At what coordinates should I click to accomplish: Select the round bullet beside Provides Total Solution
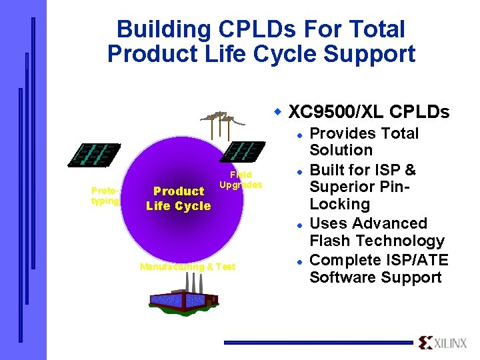click(301, 134)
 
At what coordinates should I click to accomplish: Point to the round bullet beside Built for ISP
click(301, 171)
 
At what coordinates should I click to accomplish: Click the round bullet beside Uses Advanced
click(301, 224)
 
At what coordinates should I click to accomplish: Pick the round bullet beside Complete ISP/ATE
click(301, 261)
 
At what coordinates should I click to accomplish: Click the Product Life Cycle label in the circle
click(178, 199)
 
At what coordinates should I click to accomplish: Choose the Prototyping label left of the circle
click(105, 195)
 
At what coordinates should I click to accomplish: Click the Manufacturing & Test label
click(187, 267)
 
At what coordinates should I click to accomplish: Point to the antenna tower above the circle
click(219, 121)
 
